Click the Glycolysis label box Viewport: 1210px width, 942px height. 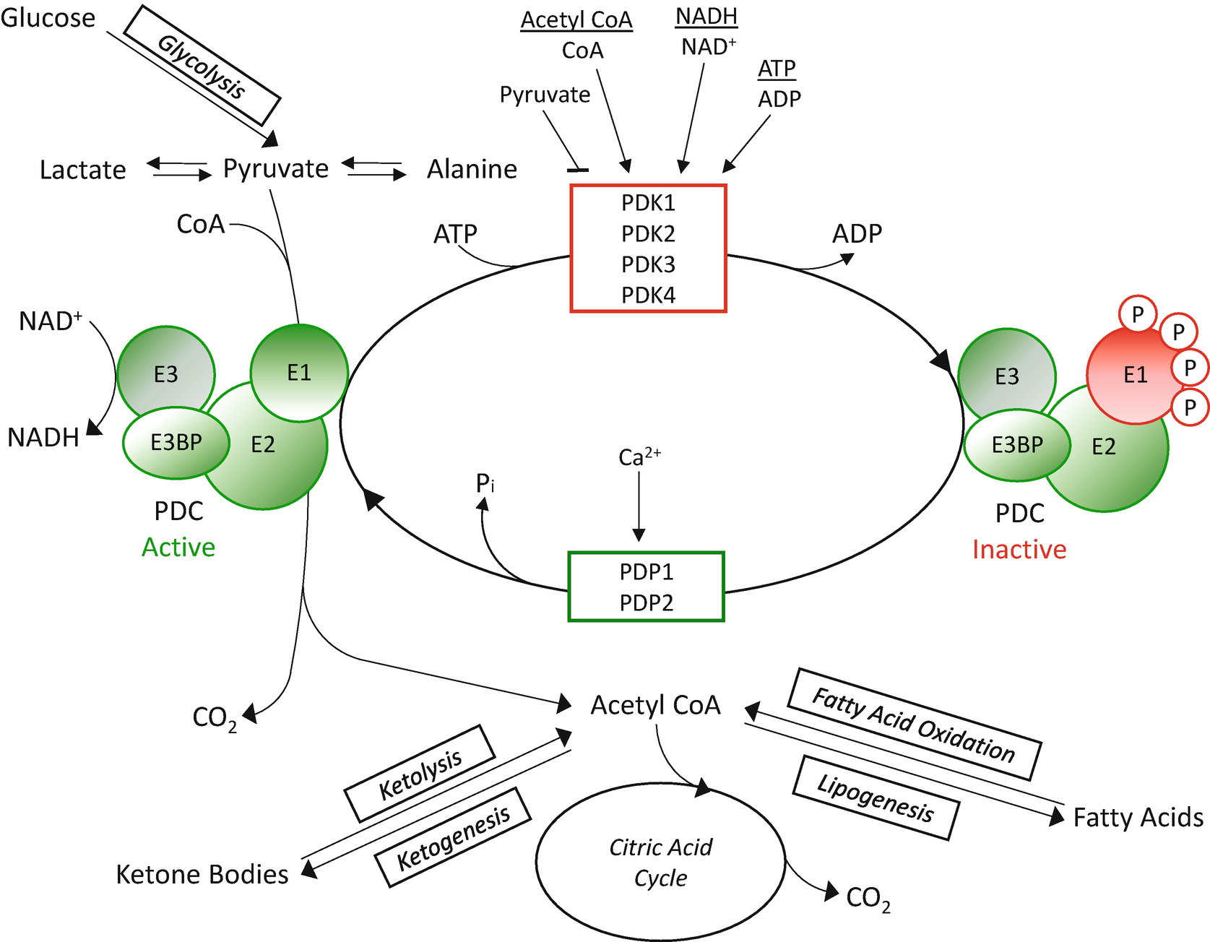202,66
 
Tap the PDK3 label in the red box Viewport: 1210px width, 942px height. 648,264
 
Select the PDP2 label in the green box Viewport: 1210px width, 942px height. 646,602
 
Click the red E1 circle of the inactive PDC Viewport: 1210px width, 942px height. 1131,375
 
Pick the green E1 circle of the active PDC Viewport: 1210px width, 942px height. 299,373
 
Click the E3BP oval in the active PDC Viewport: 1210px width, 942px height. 176,442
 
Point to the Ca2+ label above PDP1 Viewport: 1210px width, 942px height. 639,457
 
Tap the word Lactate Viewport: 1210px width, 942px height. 82,170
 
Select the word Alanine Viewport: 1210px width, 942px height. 472,169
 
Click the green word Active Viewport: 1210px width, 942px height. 178,548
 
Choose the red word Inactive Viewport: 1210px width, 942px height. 1019,550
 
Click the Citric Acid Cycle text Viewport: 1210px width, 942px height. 660,863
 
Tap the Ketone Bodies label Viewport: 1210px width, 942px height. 202,874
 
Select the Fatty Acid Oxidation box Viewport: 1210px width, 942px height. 914,725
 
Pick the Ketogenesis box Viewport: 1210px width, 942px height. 453,837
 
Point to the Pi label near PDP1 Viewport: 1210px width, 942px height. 485,483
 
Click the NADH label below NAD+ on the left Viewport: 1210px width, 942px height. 43,438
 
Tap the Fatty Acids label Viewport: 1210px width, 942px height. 1138,818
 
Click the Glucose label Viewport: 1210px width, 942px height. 48,18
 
